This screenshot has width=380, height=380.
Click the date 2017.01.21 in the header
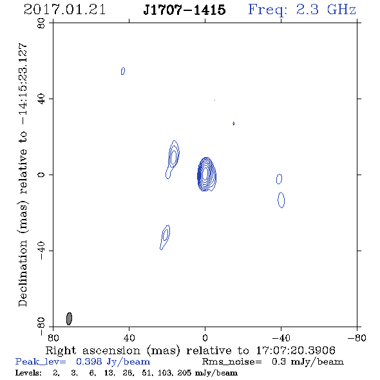coord(64,10)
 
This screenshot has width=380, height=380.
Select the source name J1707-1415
coord(184,10)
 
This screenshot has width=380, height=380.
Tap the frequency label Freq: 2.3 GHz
coord(302,10)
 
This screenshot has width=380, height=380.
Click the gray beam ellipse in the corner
coord(69,319)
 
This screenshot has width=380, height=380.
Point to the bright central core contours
coord(206,175)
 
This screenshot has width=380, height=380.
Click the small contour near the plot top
coord(123,71)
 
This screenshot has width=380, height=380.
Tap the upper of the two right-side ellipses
coord(279,179)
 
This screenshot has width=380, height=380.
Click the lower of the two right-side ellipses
coord(281,200)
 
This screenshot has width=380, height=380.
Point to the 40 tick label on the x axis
coord(129,338)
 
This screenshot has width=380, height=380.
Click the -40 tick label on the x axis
coord(281,338)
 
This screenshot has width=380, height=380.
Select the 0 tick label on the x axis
coord(205,338)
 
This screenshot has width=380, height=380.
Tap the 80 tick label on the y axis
coord(41,23)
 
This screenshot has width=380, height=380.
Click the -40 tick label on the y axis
coord(41,251)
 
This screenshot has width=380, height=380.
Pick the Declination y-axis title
coord(23,175)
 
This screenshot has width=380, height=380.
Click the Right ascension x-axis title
coord(191,350)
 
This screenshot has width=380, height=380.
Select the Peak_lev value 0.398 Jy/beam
coord(113,362)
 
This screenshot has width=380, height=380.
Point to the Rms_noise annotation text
coord(272,362)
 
